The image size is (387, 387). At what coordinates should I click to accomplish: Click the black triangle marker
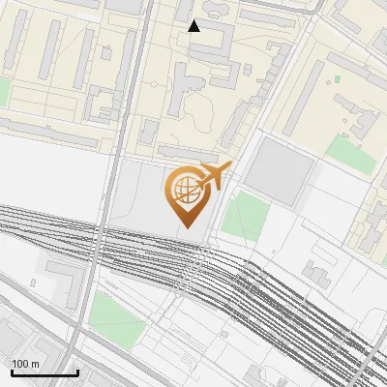coord(194,26)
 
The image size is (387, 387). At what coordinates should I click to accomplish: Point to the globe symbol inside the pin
coord(184,188)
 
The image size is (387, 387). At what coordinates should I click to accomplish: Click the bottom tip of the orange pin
coord(185,227)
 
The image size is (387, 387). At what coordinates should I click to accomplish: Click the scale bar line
coord(45,372)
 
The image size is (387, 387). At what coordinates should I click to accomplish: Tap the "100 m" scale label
coord(25,364)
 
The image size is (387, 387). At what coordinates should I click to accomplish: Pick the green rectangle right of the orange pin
coord(243,217)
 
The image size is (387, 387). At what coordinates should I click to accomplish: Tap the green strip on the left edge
coord(4,93)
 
